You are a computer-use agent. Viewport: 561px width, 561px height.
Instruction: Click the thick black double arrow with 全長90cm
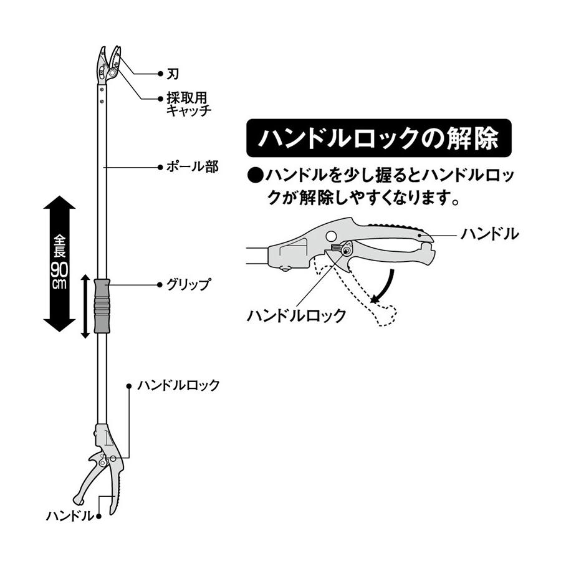pyautogui.click(x=60, y=264)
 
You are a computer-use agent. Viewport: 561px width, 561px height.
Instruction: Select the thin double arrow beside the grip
pyautogui.click(x=86, y=305)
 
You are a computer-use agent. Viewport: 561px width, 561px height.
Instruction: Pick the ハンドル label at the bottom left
pyautogui.click(x=69, y=516)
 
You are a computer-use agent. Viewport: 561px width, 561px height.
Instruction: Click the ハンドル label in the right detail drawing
pyautogui.click(x=489, y=234)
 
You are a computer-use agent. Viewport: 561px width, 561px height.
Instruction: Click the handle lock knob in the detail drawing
pyautogui.click(x=340, y=251)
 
